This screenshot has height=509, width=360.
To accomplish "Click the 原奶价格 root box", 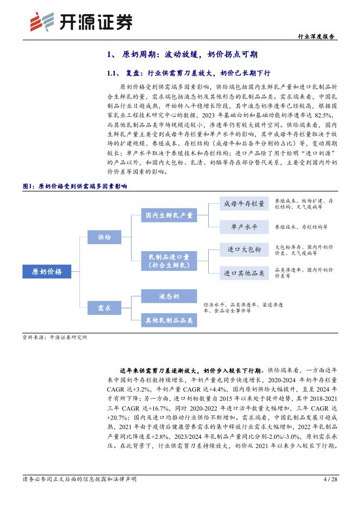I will pos(47,272).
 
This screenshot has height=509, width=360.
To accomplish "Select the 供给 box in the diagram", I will pos(104,237).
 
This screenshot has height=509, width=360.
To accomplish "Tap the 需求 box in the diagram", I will pos(104,308).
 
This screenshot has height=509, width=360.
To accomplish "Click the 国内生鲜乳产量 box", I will pos(169,215).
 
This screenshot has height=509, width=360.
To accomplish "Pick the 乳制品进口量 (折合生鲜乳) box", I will pos(169,260).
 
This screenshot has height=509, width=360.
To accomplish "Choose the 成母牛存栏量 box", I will pos(244,204).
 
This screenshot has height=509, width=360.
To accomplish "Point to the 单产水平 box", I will pos(244,226).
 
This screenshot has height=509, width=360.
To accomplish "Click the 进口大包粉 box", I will pos(244,250).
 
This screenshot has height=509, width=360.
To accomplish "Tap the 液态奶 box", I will pos(169,296).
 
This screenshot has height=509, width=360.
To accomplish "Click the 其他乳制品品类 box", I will pos(169,321).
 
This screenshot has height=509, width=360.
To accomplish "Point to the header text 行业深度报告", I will pos(317,36).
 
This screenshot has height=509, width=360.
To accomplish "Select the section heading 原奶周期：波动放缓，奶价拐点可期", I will pos(190,54).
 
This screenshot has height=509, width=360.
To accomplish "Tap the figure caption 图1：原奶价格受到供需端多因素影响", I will pos(75,186).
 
